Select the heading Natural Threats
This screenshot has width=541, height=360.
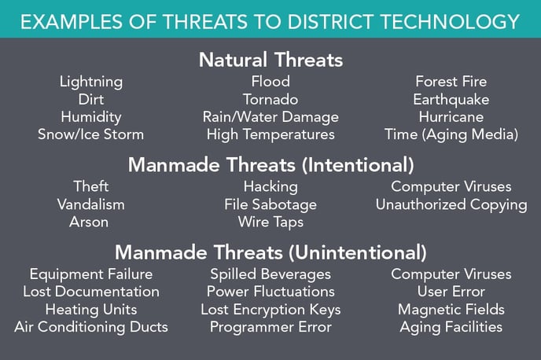tap(270, 60)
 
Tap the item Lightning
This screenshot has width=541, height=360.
tap(91, 83)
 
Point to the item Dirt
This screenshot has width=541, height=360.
tap(91, 99)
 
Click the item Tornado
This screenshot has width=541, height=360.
tap(270, 99)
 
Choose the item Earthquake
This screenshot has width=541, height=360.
tap(451, 100)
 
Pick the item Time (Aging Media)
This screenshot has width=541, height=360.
tap(451, 134)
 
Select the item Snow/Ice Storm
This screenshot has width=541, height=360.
tap(90, 134)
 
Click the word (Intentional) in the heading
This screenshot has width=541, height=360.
tap(358, 165)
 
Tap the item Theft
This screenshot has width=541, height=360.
tap(91, 186)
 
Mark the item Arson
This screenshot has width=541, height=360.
tap(89, 222)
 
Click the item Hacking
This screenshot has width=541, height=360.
tap(270, 187)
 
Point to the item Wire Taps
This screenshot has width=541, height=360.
tap(270, 222)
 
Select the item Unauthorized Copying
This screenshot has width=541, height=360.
tap(451, 205)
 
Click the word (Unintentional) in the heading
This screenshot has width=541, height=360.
tap(358, 252)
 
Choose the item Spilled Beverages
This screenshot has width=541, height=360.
tap(270, 274)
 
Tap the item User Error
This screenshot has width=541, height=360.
tap(451, 292)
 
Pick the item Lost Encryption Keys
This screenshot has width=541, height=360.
tap(270, 310)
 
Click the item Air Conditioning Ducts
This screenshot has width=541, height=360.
tap(91, 327)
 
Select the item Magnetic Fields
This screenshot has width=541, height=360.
tap(451, 310)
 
